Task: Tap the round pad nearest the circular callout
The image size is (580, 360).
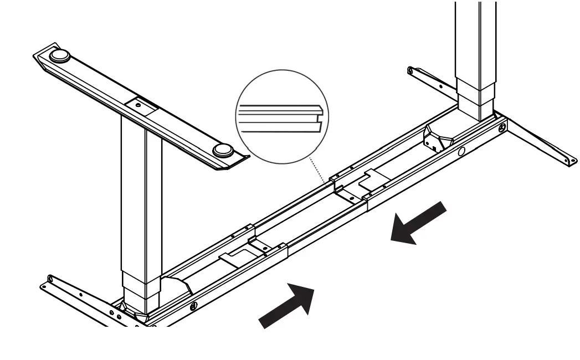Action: pos(223,150)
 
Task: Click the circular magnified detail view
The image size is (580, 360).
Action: pos(282,117)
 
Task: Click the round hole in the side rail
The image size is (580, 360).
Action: pos(461,151)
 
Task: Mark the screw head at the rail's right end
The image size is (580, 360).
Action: pos(502,128)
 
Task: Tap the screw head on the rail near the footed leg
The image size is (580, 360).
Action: pos(193,306)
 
